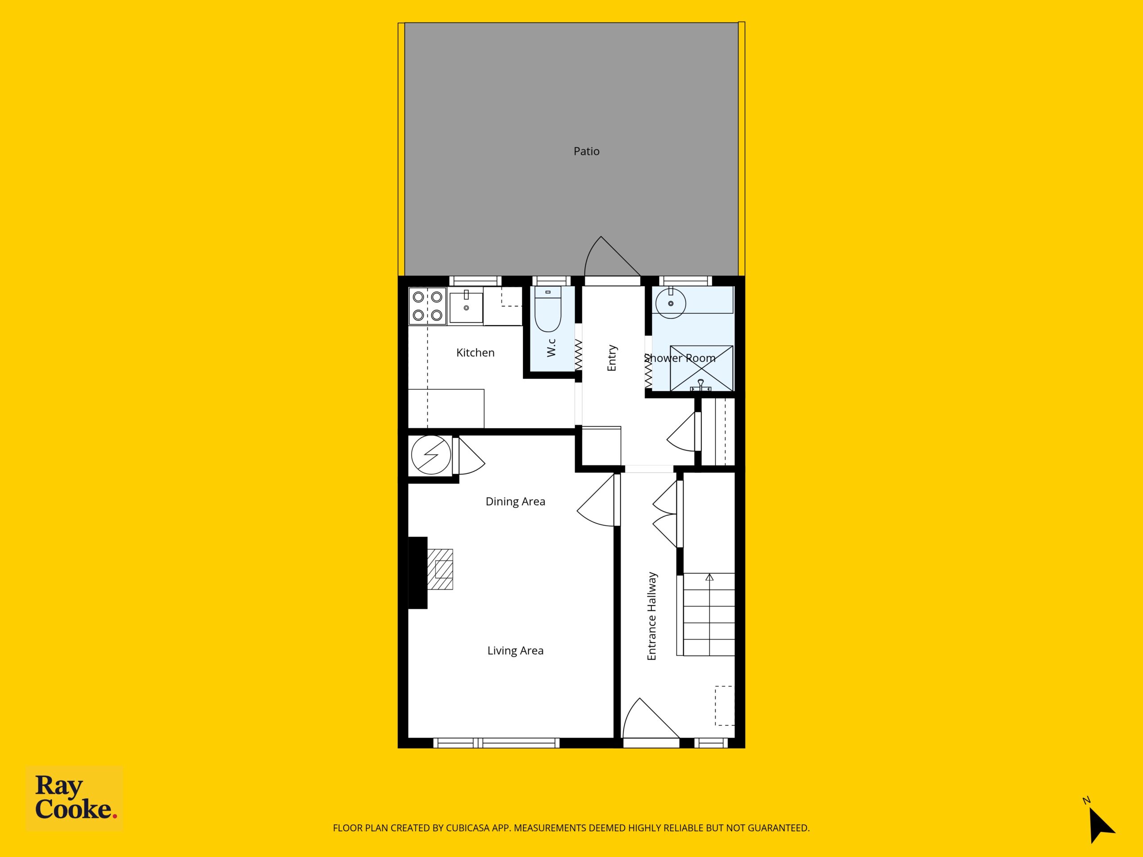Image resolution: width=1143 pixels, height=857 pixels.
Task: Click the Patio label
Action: (587, 151)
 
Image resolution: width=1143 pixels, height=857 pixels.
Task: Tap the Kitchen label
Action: (476, 353)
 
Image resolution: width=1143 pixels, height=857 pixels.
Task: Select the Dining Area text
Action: (515, 502)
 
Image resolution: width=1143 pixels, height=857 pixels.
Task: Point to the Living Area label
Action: (515, 650)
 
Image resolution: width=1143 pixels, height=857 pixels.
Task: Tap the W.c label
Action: (551, 347)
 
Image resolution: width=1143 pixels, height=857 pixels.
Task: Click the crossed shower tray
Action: (701, 368)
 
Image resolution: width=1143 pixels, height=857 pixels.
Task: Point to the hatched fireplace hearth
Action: (440, 569)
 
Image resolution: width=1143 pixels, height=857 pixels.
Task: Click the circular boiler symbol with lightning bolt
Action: (431, 455)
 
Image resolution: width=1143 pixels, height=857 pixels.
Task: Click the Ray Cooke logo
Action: (75, 798)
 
